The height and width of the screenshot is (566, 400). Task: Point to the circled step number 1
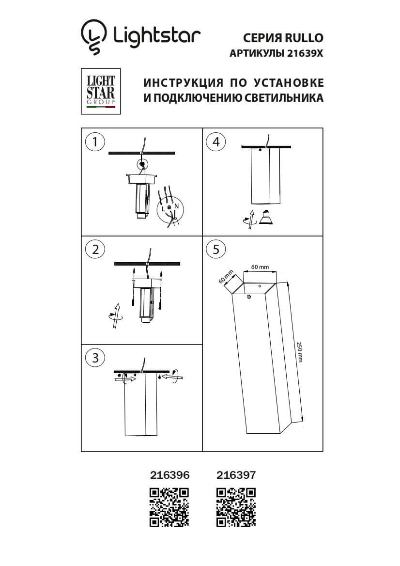coord(94,141)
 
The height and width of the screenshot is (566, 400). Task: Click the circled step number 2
coord(94,249)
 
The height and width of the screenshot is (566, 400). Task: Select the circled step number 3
coord(94,358)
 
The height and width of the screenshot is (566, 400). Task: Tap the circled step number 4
coord(215,141)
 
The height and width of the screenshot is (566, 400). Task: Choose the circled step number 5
coord(215,249)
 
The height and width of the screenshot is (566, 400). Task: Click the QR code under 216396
coord(169,507)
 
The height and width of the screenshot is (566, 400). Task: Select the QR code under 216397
coord(236,507)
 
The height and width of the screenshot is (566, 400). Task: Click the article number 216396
coord(169,476)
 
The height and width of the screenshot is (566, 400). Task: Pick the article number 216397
coord(235,476)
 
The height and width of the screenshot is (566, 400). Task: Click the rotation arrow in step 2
coord(115,316)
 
